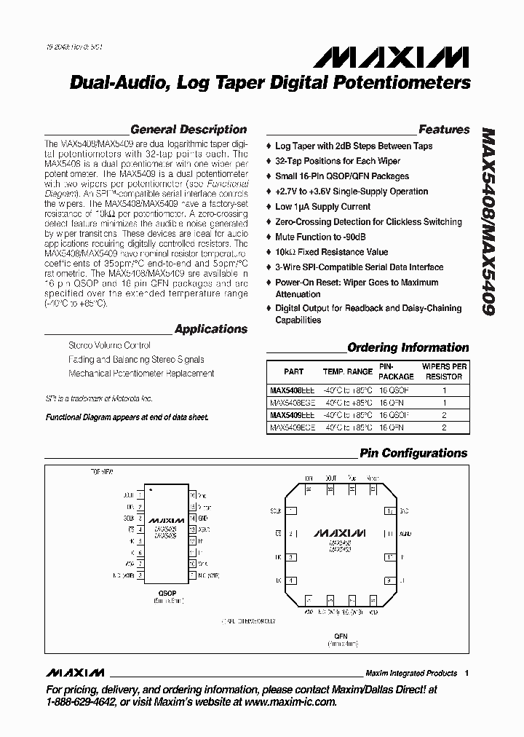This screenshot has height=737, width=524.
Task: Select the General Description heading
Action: tap(188, 130)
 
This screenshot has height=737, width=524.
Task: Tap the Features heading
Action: tap(444, 130)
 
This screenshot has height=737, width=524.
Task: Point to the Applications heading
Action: tap(211, 329)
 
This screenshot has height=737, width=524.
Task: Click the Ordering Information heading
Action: tap(408, 347)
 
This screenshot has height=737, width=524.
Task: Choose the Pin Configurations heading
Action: tap(413, 453)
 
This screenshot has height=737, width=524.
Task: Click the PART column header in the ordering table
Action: tap(293, 371)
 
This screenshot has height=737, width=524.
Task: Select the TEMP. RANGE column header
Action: tap(347, 371)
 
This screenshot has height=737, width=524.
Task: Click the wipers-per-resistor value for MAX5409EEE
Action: tap(443, 416)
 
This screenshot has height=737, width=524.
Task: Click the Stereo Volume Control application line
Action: tap(109, 346)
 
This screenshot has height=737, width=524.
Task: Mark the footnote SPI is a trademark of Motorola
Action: tap(99, 399)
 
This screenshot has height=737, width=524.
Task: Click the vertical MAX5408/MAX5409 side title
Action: tap(488, 222)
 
